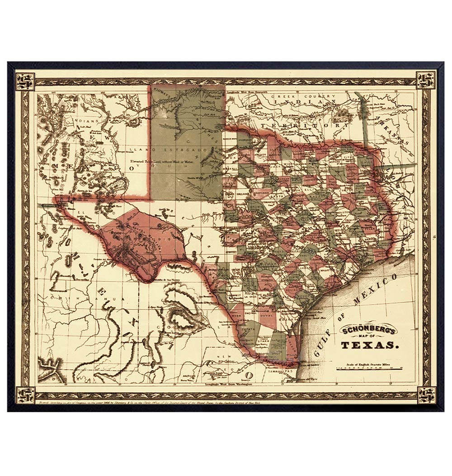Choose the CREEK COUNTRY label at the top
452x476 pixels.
(313, 96)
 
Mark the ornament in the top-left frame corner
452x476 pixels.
(23, 80)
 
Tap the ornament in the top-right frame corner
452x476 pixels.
(427, 80)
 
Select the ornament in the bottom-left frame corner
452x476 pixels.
(23, 394)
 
